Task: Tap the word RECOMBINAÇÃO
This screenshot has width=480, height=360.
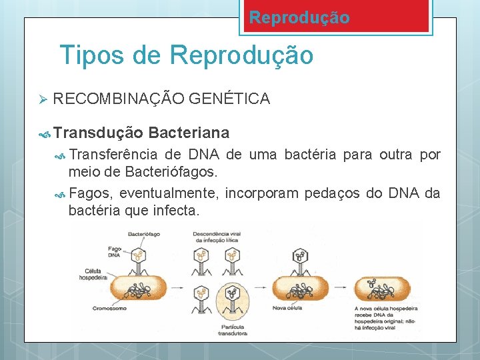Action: click(118, 99)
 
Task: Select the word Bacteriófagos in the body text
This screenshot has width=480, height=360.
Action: click(170, 173)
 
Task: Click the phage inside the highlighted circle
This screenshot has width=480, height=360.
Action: click(231, 294)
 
